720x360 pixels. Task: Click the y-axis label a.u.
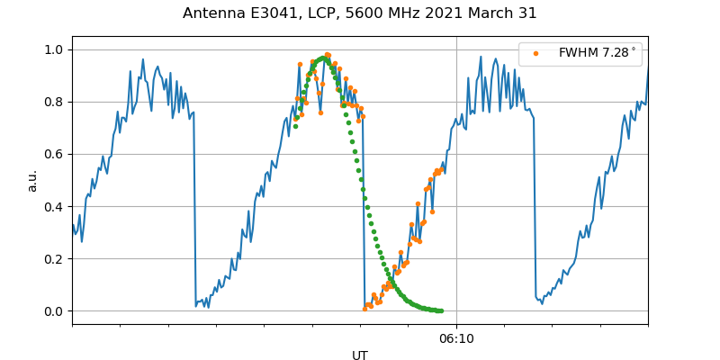[x=33, y=180]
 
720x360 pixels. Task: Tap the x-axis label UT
[x=360, y=355]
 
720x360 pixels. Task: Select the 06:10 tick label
[x=456, y=339]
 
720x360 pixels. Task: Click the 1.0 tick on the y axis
[x=55, y=49]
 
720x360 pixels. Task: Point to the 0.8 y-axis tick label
[x=55, y=102]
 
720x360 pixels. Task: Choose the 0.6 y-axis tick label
[x=55, y=154]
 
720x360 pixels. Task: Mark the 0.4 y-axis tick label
[x=55, y=206]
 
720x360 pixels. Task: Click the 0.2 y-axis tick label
[x=55, y=258]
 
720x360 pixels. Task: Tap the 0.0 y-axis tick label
[x=55, y=311]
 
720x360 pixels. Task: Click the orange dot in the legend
[x=535, y=53]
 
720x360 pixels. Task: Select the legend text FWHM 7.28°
[x=597, y=53]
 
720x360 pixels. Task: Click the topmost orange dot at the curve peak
[x=328, y=55]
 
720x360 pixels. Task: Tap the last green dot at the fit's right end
[x=440, y=310]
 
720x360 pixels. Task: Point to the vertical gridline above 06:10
[x=456, y=180]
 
